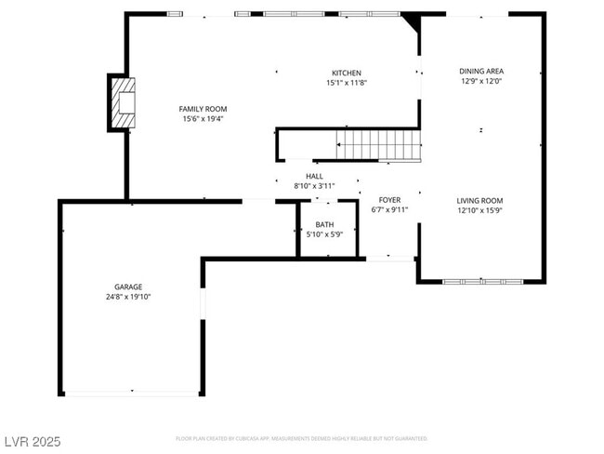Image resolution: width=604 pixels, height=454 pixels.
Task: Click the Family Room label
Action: [x=203, y=109]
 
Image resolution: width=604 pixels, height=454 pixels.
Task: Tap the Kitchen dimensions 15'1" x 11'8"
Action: [x=346, y=83]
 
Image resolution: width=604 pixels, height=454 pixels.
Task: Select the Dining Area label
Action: [x=480, y=71]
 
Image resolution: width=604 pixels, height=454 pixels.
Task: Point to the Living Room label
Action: [x=479, y=200]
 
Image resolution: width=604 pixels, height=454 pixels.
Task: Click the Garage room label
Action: [x=128, y=287]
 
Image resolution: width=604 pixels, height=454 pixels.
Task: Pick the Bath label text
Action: [x=324, y=224]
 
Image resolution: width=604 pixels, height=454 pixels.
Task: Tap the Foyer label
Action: [x=389, y=200]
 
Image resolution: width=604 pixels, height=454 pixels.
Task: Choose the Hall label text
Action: [x=314, y=176]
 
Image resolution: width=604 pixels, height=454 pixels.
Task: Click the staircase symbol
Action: [x=377, y=144]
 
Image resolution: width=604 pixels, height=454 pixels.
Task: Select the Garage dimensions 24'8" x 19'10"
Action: [x=128, y=297]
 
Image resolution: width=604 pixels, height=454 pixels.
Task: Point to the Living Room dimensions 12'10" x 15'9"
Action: [x=479, y=210]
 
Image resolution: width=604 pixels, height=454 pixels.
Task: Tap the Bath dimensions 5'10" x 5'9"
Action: [x=324, y=234]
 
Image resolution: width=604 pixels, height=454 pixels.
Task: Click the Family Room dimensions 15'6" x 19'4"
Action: [x=203, y=119]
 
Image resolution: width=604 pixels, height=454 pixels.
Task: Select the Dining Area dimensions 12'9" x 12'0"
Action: [x=480, y=81]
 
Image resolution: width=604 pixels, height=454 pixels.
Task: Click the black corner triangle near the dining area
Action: [x=411, y=20]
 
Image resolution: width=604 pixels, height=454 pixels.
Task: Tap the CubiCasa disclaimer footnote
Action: [x=301, y=437]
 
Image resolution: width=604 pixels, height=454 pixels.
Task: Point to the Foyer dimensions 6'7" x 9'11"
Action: [x=389, y=210]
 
